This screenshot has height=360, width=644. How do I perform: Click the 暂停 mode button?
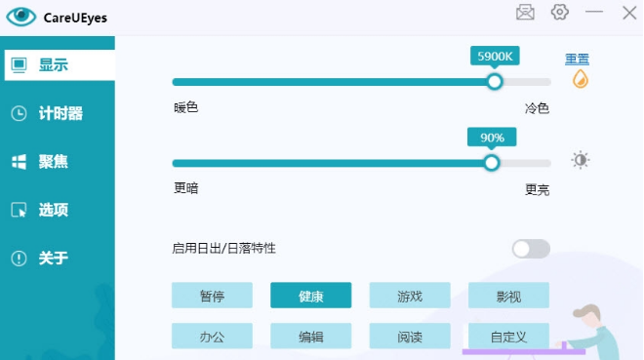pos(212,296)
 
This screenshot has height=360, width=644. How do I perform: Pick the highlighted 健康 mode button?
pos(310,296)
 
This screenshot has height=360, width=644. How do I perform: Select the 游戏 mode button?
pos(409,296)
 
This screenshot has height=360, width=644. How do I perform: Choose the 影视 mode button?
pos(508,296)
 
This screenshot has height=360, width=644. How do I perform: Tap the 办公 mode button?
pos(212,337)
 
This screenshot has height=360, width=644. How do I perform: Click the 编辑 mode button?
pos(310,337)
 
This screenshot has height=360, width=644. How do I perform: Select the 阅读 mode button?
pos(409,337)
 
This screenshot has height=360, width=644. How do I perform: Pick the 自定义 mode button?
pos(508,337)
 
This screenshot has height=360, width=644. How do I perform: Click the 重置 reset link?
pos(577,60)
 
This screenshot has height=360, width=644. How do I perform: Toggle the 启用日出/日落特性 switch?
pos(531,249)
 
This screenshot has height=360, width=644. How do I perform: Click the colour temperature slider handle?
pos(495,82)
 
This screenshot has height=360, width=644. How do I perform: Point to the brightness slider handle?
pos(492,163)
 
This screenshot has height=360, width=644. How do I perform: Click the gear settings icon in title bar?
pos(559,12)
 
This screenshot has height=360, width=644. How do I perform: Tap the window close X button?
pos(628,12)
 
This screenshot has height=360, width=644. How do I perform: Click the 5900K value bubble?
pos(495,56)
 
